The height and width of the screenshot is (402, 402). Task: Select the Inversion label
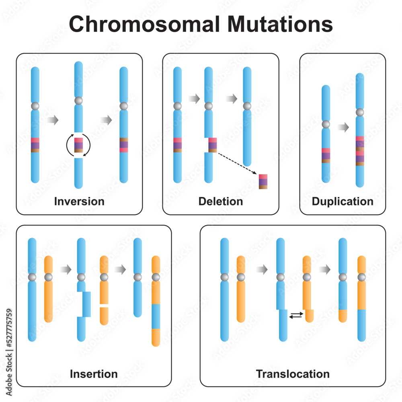(x=79, y=201)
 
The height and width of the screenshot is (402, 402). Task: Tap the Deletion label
(x=221, y=201)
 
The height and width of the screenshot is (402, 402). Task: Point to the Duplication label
(x=343, y=201)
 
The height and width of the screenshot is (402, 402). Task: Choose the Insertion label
(x=94, y=374)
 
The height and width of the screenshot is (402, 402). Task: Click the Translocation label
(x=293, y=374)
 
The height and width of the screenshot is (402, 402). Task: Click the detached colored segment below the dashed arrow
(x=263, y=182)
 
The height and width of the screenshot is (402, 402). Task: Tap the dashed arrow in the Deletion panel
(x=237, y=163)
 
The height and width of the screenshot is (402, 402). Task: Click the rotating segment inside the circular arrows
(x=79, y=145)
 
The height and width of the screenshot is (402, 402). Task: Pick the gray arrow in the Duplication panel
(x=343, y=127)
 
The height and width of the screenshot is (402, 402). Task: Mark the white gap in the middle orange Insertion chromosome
(x=104, y=306)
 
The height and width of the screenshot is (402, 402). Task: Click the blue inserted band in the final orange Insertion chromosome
(x=156, y=316)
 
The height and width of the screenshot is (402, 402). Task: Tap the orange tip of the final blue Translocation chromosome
(x=343, y=316)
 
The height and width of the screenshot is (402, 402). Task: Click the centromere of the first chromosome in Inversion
(x=35, y=106)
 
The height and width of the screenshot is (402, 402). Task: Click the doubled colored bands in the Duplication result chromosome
(x=360, y=151)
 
